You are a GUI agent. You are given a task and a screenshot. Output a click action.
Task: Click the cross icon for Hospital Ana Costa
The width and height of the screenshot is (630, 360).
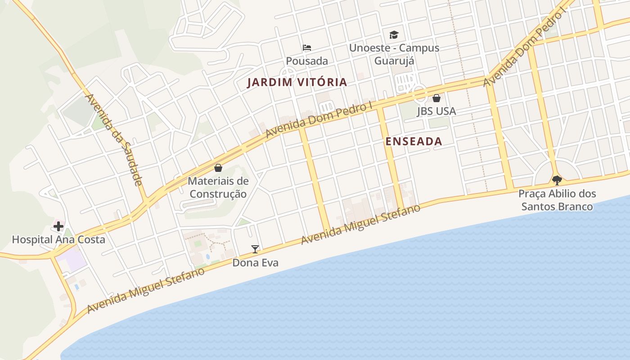click(x=58, y=226)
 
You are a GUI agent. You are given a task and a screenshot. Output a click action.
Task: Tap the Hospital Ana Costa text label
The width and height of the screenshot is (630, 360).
click(x=58, y=239)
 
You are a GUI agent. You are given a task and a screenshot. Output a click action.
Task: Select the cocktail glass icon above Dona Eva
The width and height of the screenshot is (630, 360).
click(x=255, y=249)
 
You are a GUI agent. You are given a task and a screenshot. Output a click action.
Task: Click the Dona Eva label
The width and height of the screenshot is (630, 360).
click(x=255, y=262)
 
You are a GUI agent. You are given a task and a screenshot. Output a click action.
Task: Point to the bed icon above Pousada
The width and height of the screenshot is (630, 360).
click(x=307, y=47)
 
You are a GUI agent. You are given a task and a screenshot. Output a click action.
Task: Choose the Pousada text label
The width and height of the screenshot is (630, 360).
click(x=307, y=61)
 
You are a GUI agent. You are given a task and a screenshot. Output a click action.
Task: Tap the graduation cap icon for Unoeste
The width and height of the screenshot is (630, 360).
click(x=394, y=35)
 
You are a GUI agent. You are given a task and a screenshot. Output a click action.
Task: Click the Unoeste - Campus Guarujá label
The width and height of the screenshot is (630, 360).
click(x=394, y=54)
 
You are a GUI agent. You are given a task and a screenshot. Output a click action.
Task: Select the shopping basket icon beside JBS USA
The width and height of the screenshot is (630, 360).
click(x=436, y=98)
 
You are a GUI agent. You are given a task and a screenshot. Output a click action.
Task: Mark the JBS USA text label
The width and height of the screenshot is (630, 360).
click(x=436, y=111)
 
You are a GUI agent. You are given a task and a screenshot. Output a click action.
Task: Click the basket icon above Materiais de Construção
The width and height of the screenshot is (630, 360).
click(x=218, y=168)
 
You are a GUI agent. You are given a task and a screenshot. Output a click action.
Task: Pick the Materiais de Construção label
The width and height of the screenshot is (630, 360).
click(x=218, y=187)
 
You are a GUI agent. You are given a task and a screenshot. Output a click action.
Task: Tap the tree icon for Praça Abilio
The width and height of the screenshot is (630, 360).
click(x=557, y=180)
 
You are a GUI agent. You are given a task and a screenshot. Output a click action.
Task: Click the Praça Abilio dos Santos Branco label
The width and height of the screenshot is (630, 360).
click(x=557, y=200)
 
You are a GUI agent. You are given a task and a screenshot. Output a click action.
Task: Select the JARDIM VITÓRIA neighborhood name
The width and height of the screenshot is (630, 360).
click(x=297, y=82)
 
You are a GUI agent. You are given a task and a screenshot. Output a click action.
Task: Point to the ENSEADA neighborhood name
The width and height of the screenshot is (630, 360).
click(x=414, y=141)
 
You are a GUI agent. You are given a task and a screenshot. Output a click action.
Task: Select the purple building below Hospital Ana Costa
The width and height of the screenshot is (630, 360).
click(x=73, y=260)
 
